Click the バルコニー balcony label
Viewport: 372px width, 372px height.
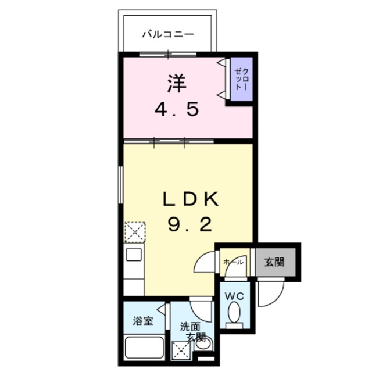click(168, 34)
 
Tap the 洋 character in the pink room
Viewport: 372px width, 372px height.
click(177, 84)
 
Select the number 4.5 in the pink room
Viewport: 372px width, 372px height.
click(177, 109)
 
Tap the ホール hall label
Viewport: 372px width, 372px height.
click(233, 262)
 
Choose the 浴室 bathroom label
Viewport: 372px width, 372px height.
click(143, 320)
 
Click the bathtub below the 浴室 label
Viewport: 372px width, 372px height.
click(143, 348)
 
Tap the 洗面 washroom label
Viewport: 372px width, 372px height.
click(190, 327)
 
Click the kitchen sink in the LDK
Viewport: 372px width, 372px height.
click(133, 255)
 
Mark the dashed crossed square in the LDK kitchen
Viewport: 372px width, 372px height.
click(134, 232)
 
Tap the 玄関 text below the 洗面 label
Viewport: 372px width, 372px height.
click(196, 337)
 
